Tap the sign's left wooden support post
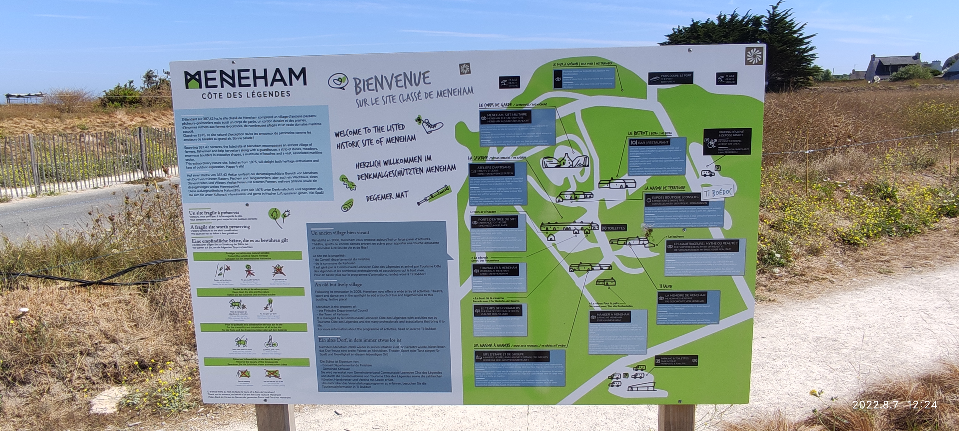[x=275, y=417]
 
